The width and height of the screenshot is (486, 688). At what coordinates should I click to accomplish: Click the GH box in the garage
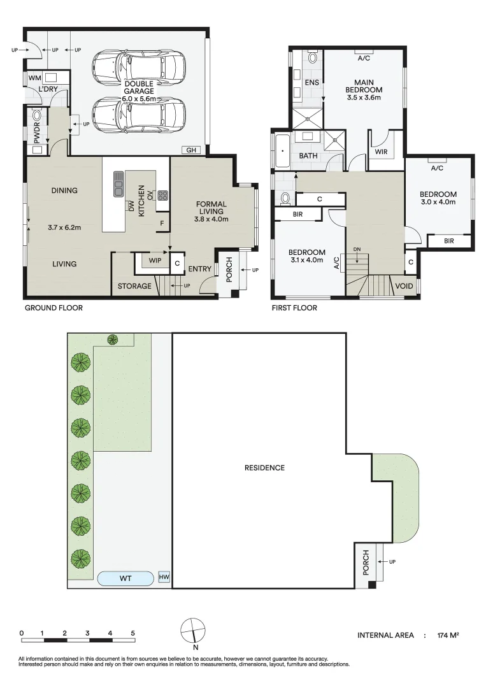pyautogui.click(x=191, y=150)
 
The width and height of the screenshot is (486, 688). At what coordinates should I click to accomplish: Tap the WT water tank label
pyautogui.click(x=125, y=578)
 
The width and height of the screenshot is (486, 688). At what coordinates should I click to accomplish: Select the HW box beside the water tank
pyautogui.click(x=164, y=577)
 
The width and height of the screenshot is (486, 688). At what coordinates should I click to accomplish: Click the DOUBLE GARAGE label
pyautogui.click(x=139, y=87)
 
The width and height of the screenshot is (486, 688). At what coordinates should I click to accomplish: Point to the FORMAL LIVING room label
pyautogui.click(x=211, y=208)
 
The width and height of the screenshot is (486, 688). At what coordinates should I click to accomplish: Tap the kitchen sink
pyautogui.click(x=118, y=184)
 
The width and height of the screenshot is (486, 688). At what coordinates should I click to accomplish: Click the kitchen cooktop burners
pyautogui.click(x=162, y=194)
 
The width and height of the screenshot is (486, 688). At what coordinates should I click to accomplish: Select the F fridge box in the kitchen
pyautogui.click(x=162, y=224)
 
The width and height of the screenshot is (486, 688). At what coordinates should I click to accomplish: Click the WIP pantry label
pyautogui.click(x=155, y=261)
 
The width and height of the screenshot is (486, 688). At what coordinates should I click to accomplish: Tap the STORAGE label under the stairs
pyautogui.click(x=134, y=286)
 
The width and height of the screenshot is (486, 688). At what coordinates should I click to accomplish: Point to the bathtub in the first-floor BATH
pyautogui.click(x=282, y=151)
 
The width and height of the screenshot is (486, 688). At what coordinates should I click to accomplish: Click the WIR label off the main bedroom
pyautogui.click(x=381, y=152)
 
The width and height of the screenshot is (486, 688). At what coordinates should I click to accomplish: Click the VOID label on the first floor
pyautogui.click(x=404, y=286)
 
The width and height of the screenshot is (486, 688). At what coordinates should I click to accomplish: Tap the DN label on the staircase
pyautogui.click(x=357, y=249)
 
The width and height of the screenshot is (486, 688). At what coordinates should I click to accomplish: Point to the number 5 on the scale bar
pyautogui.click(x=133, y=633)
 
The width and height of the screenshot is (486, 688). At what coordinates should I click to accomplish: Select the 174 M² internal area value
pyautogui.click(x=448, y=635)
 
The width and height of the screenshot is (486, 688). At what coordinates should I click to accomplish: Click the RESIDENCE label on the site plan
pyautogui.click(x=264, y=468)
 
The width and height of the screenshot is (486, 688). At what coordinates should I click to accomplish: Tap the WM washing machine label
pyautogui.click(x=34, y=78)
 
